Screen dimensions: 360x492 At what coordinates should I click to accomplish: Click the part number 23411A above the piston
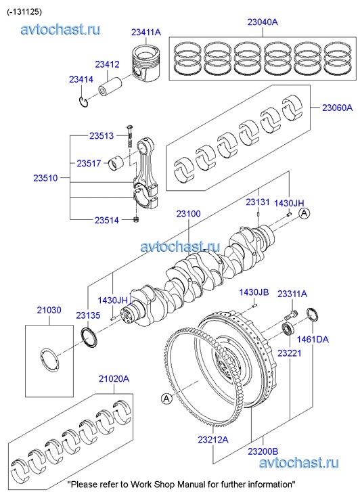pyautogui.click(x=146, y=32)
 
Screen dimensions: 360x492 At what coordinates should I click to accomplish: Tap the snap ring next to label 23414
pyautogui.click(x=83, y=102)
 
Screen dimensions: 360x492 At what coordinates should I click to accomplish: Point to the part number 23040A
pyautogui.click(x=263, y=22)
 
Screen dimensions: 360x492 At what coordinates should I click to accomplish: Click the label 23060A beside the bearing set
pyautogui.click(x=338, y=108)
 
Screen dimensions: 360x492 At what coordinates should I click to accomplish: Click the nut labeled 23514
pyautogui.click(x=136, y=219)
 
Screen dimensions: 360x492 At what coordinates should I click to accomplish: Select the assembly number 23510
pyautogui.click(x=46, y=178)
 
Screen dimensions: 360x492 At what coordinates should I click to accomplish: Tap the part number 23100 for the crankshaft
pyautogui.click(x=188, y=214)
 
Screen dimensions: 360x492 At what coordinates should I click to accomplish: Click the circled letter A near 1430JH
pyautogui.click(x=304, y=213)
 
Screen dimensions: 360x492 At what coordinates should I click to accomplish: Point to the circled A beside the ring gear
pyautogui.click(x=166, y=399)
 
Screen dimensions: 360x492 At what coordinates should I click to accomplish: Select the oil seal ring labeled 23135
pyautogui.click(x=89, y=338)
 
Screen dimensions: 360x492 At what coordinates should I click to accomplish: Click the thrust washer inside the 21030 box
pyautogui.click(x=49, y=360)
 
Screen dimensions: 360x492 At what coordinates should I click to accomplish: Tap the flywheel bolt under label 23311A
pyautogui.click(x=291, y=315)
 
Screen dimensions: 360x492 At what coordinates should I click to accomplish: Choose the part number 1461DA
pyautogui.click(x=313, y=339)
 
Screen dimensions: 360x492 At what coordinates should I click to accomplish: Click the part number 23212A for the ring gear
pyautogui.click(x=213, y=440)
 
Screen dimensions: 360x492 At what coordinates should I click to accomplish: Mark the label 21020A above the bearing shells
pyautogui.click(x=114, y=379)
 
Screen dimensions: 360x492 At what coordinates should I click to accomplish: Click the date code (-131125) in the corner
pyautogui.click(x=24, y=12)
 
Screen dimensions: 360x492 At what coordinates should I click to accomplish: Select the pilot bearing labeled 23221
pyautogui.click(x=287, y=329)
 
